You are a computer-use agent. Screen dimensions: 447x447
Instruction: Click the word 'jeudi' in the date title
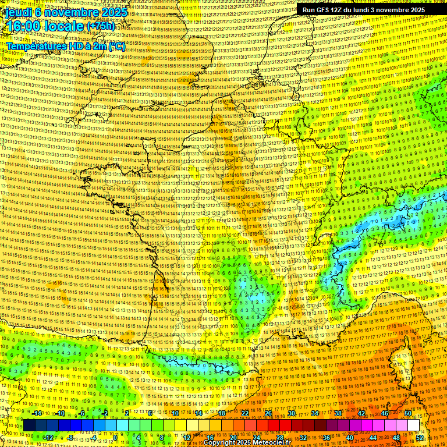point(17,12)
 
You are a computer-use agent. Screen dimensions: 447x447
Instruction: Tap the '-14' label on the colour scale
point(37,413)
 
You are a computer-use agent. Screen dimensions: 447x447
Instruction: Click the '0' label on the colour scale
point(115,437)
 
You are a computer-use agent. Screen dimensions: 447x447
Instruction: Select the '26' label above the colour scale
point(268,413)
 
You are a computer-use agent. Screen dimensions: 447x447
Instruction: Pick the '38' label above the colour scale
point(338,413)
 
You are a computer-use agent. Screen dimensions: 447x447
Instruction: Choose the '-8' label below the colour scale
point(71,437)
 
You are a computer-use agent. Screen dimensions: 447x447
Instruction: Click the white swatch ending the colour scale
point(413,425)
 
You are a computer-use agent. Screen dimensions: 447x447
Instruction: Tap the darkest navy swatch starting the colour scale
point(30,425)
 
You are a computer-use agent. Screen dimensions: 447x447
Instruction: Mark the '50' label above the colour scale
point(408,413)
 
